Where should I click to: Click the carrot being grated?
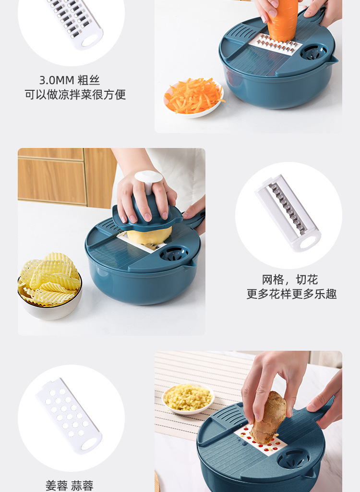[282, 20]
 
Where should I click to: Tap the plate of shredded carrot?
[194, 98]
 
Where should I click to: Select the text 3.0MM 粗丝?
[70, 80]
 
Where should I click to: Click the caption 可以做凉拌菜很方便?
[75, 95]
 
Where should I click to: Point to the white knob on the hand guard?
[149, 180]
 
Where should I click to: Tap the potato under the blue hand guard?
[150, 236]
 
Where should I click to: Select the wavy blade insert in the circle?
[288, 213]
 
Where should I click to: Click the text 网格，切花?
[290, 279]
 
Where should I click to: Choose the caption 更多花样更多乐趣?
[291, 294]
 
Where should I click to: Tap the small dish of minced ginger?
[188, 398]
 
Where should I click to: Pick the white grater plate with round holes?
[69, 416]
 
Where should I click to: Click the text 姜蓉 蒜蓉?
[70, 486]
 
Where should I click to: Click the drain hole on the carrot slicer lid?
[313, 52]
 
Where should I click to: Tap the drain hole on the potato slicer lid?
[174, 254]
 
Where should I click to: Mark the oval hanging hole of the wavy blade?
[309, 243]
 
